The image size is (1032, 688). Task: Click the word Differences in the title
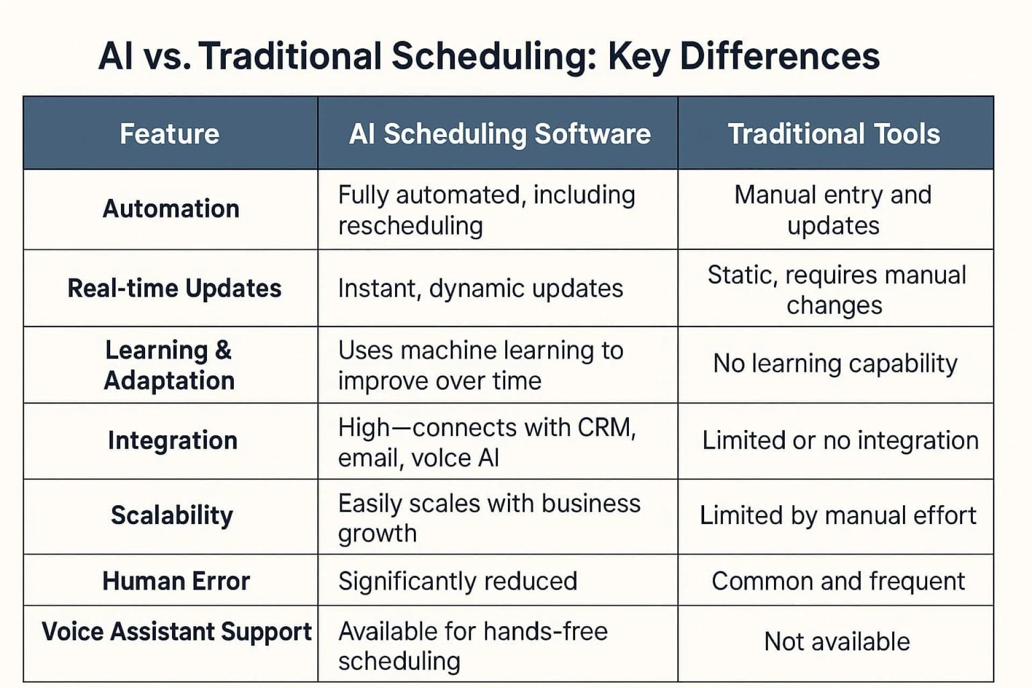click(779, 56)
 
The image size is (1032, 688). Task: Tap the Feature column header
click(169, 134)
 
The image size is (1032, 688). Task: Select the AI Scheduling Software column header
click(499, 134)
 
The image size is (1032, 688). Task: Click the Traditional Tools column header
click(834, 134)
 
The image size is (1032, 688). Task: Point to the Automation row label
click(171, 209)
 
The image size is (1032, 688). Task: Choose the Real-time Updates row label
click(174, 288)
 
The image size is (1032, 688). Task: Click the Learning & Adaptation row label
click(169, 365)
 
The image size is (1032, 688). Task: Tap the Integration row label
click(173, 440)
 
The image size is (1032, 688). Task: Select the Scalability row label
click(172, 515)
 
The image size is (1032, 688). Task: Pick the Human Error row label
click(176, 581)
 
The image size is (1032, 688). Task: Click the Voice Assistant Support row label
click(176, 631)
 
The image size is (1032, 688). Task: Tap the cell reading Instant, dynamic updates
click(481, 289)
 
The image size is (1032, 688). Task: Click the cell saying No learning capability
click(835, 364)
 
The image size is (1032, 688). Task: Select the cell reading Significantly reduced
click(457, 581)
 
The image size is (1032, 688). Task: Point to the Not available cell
click(837, 641)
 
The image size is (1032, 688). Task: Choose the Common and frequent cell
click(838, 581)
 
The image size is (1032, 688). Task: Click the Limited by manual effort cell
click(837, 515)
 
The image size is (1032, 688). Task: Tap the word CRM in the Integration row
click(606, 428)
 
